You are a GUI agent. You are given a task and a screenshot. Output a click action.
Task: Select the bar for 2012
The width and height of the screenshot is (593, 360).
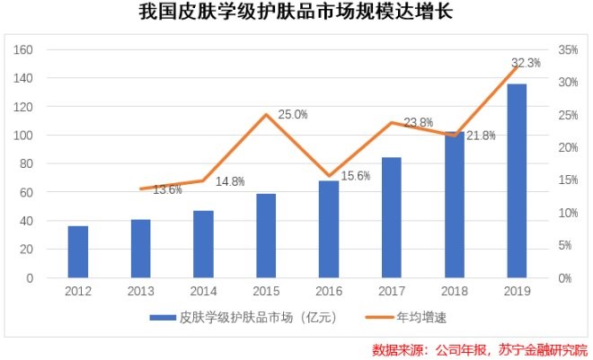(x=78, y=251)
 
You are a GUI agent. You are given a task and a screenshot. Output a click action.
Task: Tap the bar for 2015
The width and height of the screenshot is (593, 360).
(x=266, y=235)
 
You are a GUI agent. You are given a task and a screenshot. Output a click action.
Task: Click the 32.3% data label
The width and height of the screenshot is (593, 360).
(x=526, y=63)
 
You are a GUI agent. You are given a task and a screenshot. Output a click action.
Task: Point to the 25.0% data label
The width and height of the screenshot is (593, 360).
(x=293, y=115)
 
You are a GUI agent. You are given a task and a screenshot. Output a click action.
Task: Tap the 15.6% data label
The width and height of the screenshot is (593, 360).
(x=356, y=176)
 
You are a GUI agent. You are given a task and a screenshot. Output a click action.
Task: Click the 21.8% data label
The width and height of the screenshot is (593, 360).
(x=482, y=136)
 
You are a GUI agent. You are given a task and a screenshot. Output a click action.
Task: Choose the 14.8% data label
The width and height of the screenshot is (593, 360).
(x=230, y=181)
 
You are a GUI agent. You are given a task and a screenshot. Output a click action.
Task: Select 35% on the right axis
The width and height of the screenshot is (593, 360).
(x=568, y=49)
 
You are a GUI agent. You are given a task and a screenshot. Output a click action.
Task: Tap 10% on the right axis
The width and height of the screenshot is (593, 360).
(x=568, y=213)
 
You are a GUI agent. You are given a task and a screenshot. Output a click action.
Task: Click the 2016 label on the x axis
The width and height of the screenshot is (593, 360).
(x=329, y=292)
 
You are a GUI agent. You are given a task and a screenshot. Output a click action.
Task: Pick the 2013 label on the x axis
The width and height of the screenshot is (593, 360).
(x=141, y=292)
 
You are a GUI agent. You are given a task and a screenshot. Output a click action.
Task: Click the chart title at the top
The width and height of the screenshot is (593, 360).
(x=296, y=14)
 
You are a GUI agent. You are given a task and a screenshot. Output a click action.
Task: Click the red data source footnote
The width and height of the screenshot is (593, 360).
(x=479, y=348)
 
